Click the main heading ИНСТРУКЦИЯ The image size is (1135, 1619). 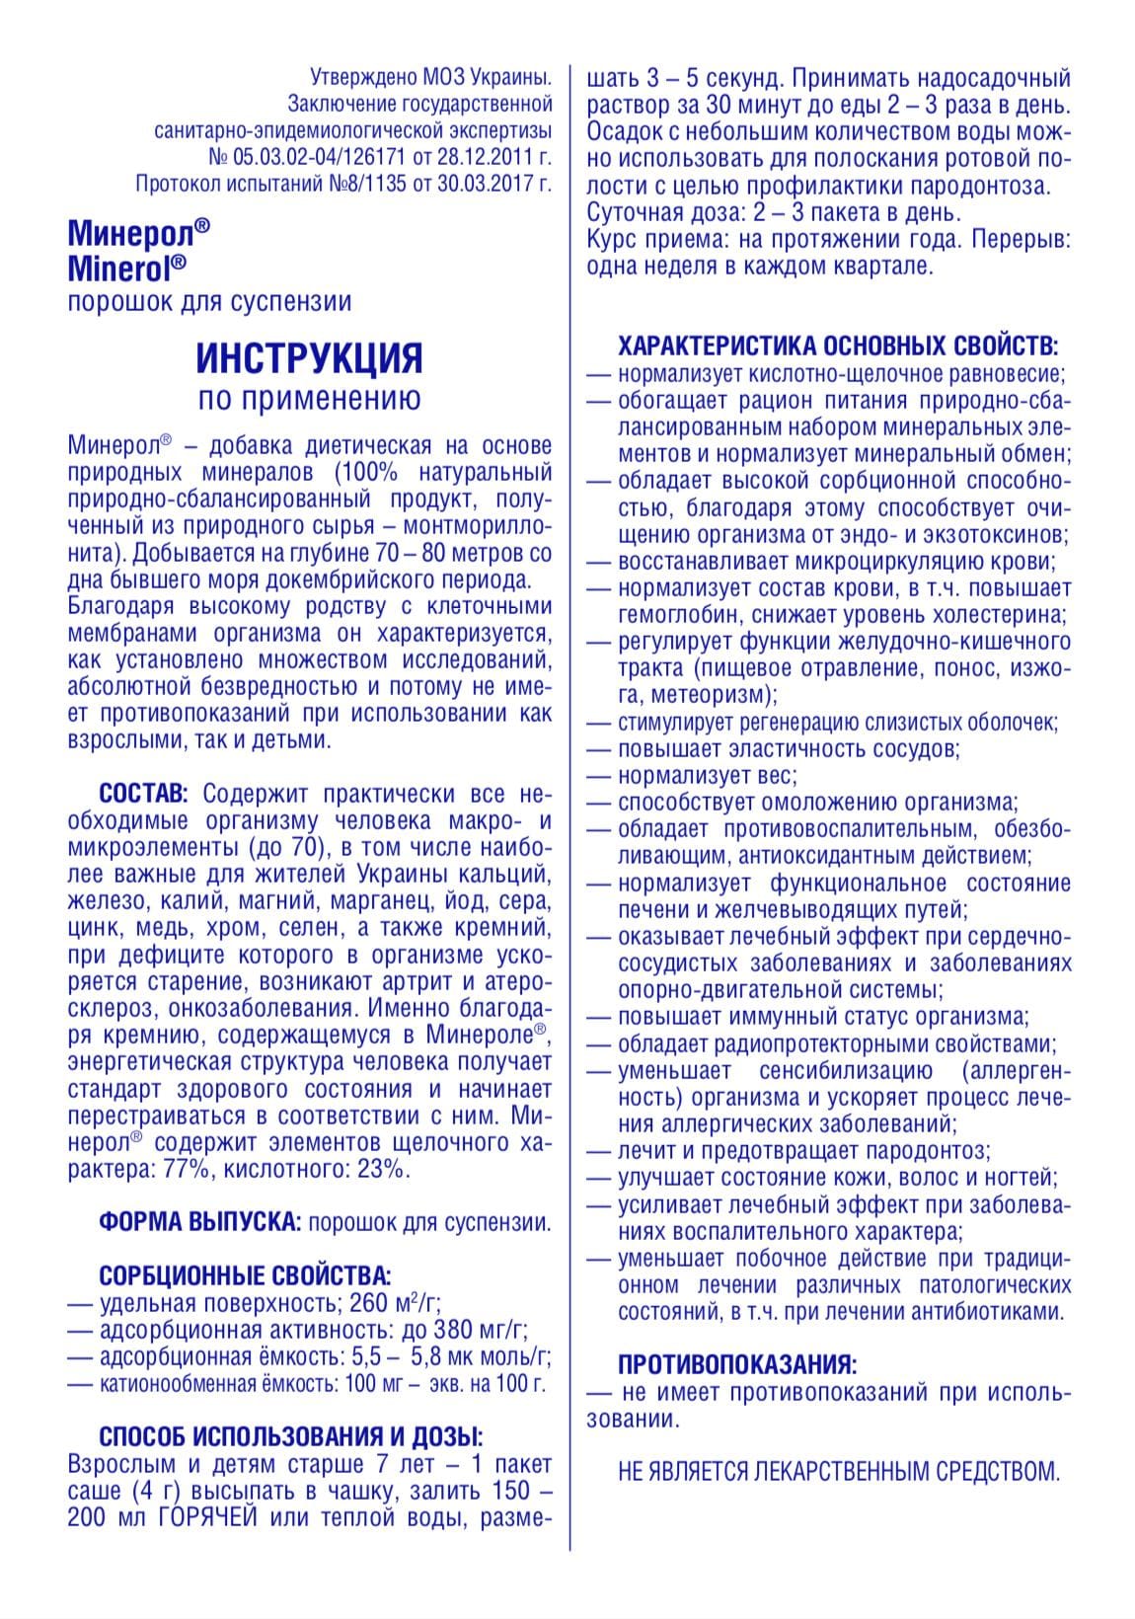click(310, 357)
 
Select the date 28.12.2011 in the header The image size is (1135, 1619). click(481, 157)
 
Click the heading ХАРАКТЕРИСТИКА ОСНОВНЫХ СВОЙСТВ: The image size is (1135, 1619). click(838, 347)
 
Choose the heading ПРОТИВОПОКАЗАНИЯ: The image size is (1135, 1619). click(737, 1365)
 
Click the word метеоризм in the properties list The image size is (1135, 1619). click(703, 695)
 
